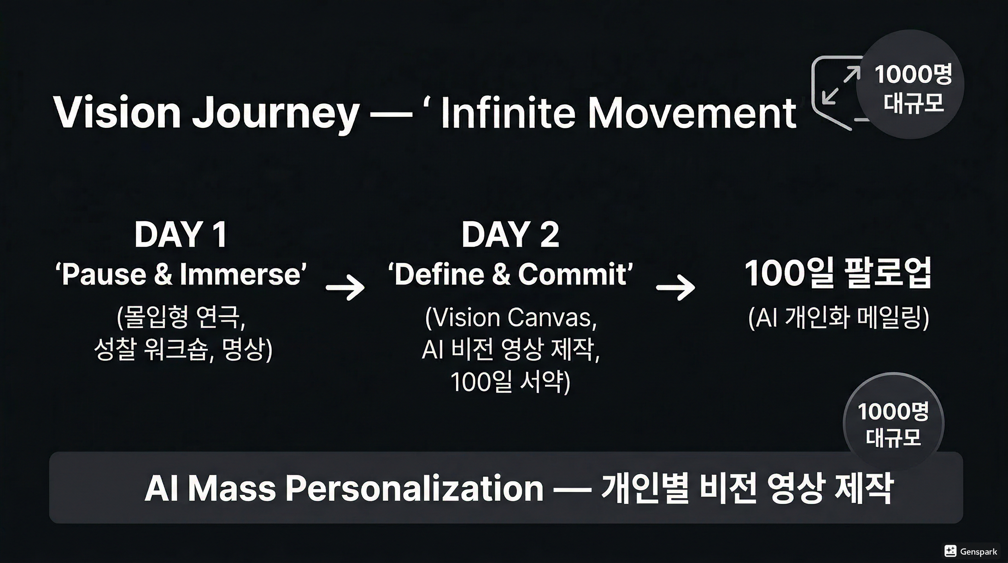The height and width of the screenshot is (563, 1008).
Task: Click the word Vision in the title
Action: [117, 113]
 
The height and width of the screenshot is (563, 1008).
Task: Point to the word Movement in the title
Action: [692, 113]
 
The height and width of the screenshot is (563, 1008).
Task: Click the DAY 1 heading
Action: [180, 235]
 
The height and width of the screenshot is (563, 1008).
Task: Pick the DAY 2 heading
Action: [510, 235]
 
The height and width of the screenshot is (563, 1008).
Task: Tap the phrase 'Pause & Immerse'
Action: [181, 274]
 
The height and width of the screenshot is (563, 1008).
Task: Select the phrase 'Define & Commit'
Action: [510, 274]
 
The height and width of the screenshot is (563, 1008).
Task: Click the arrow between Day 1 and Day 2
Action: [345, 287]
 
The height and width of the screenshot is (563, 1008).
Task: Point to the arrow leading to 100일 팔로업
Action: [676, 287]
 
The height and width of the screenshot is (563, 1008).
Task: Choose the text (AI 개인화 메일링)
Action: [838, 318]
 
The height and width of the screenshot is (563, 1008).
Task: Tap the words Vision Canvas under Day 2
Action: [511, 317]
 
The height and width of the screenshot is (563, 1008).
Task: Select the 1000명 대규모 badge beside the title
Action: [910, 85]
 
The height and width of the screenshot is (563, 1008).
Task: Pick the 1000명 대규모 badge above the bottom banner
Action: [893, 424]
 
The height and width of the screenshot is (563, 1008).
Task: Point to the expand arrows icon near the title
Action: [841, 85]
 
